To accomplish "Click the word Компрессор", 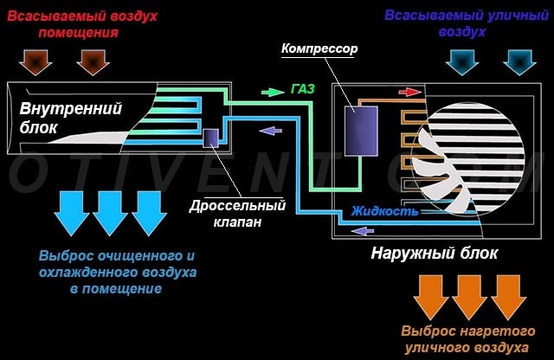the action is pos(319,48).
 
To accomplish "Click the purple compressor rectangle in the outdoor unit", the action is pos(361,131).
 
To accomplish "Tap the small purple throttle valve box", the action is pos(210,138).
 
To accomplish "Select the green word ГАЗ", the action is pos(303,89).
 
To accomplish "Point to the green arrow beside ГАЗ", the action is pos(273,93).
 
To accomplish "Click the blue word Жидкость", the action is pos(384,211).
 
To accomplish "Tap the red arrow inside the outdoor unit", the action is pos(409,92).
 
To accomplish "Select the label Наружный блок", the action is pos(435,254).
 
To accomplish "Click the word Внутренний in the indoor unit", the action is pos(71,108).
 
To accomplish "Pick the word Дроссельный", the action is pos(237,206).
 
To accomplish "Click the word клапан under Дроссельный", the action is pos(237,222).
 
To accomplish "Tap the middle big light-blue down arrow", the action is pos(110,214).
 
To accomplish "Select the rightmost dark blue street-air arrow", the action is pos(519,62).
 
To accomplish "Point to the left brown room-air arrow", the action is pos(35,62).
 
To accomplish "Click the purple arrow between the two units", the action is pos(270,131).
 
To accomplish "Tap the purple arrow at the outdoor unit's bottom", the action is pos(362,231).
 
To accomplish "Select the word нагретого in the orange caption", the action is pos(499,331).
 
